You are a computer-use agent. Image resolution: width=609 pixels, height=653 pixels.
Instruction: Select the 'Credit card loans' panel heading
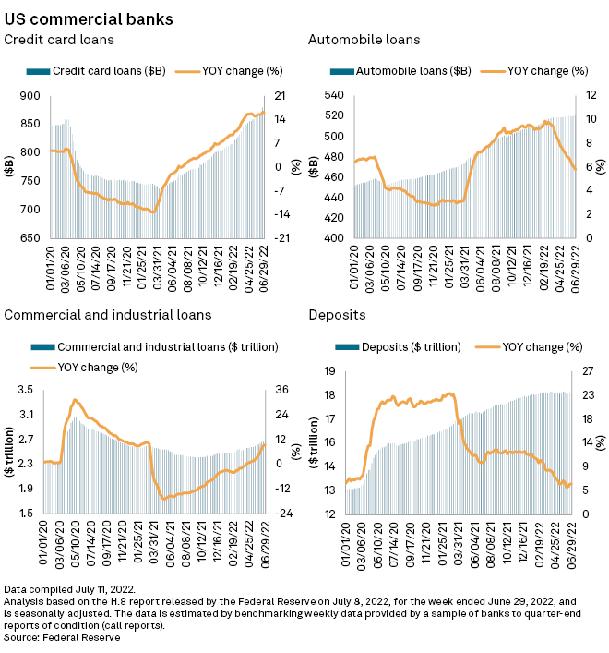60,40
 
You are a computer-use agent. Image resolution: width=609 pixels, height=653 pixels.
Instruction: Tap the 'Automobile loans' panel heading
364,40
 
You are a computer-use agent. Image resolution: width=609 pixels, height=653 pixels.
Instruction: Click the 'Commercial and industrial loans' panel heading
108,315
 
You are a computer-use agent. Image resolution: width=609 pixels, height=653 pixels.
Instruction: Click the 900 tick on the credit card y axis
30,96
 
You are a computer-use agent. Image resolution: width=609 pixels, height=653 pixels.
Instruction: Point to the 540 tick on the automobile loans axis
333,96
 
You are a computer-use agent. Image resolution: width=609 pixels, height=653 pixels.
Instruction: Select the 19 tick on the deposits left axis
337,371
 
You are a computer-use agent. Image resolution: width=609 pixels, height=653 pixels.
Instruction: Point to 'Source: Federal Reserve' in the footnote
63,637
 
